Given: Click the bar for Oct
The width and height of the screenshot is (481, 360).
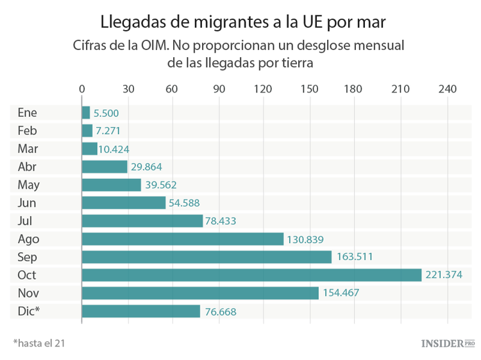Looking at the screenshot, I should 251,275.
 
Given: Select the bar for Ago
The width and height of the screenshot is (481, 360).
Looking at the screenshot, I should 183,239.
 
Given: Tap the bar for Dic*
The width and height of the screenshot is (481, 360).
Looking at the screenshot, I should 141,311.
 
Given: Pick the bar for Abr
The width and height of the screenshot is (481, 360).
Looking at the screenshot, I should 105,167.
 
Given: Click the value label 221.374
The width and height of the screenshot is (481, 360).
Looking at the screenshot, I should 444,275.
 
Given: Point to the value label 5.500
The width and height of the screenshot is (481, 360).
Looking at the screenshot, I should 106,113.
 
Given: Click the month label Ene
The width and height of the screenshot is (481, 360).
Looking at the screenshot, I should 28,113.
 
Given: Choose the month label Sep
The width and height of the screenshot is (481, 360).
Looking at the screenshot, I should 28,257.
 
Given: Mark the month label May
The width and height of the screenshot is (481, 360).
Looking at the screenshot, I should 29,185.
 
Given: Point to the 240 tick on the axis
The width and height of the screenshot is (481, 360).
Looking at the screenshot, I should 447,89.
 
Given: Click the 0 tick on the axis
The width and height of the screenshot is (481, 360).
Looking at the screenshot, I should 82,89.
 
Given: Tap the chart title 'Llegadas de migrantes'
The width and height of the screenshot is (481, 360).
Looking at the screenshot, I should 243,22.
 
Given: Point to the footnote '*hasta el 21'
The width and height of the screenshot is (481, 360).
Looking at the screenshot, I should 38,343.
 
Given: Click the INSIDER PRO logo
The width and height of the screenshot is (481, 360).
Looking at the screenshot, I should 448,343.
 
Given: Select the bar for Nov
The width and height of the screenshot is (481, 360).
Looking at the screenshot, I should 200,293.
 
